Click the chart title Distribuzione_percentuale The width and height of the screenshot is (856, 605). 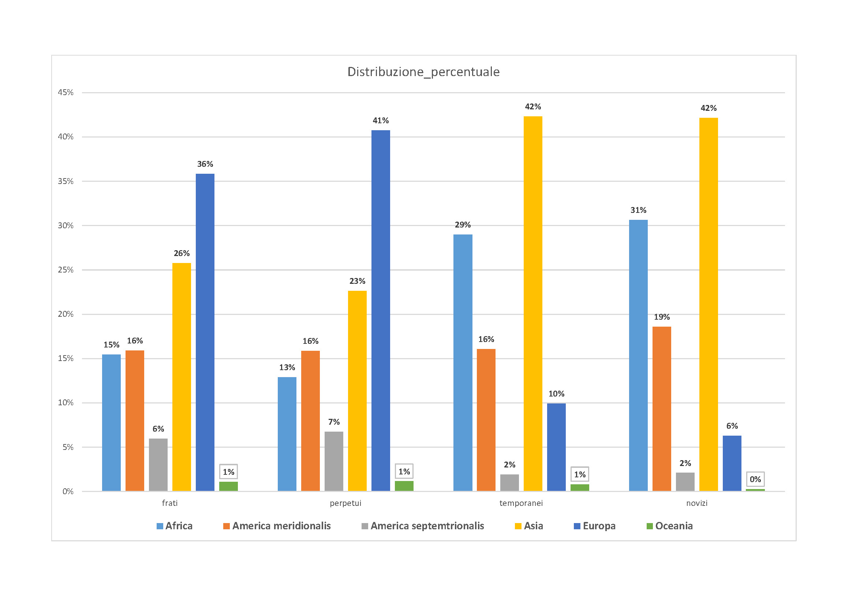(423, 72)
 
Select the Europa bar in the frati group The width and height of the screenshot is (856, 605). (205, 331)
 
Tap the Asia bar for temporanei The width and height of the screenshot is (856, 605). (533, 303)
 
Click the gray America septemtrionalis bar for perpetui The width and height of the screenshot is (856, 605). (334, 461)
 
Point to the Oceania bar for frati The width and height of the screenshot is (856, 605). (228, 486)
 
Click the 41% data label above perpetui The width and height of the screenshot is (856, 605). (381, 120)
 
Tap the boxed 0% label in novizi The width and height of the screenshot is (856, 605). (755, 479)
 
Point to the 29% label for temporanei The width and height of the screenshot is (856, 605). (463, 225)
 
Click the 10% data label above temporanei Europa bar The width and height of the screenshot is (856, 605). (556, 394)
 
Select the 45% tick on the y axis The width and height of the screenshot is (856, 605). (66, 93)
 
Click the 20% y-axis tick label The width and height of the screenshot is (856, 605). (66, 314)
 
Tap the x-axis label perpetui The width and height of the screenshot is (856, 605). (345, 503)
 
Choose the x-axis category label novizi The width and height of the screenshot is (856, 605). (697, 503)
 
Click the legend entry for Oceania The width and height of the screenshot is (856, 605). (670, 526)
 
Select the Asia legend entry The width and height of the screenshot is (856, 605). (529, 526)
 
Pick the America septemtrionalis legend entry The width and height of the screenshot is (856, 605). (423, 526)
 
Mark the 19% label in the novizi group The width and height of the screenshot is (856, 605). (662, 317)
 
